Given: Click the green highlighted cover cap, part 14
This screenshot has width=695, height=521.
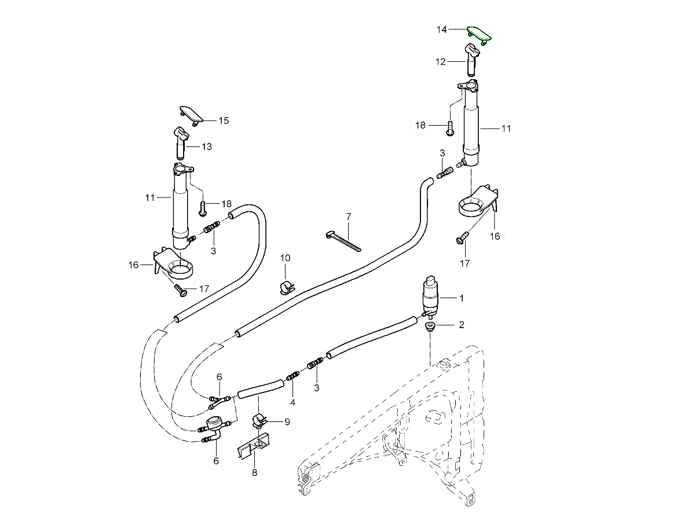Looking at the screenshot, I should pyautogui.click(x=478, y=32).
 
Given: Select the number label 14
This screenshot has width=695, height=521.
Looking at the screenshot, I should pyautogui.click(x=442, y=30).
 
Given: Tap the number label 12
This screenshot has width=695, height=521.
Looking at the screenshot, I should pyautogui.click(x=441, y=61).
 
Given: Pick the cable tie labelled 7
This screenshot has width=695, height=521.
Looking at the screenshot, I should pyautogui.click(x=344, y=240).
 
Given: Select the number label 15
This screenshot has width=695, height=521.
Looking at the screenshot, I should pyautogui.click(x=224, y=120).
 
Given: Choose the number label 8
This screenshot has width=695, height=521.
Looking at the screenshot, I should pyautogui.click(x=254, y=472).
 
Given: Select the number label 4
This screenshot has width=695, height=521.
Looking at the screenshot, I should pyautogui.click(x=292, y=402).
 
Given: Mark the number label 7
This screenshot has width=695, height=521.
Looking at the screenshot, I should pyautogui.click(x=349, y=217).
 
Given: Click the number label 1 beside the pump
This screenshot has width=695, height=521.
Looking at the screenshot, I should pyautogui.click(x=462, y=299).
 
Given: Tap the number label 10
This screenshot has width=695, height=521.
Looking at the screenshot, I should pyautogui.click(x=286, y=258).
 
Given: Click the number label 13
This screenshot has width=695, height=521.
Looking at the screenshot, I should pyautogui.click(x=207, y=147).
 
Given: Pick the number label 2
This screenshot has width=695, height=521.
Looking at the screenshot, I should pyautogui.click(x=462, y=325).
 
